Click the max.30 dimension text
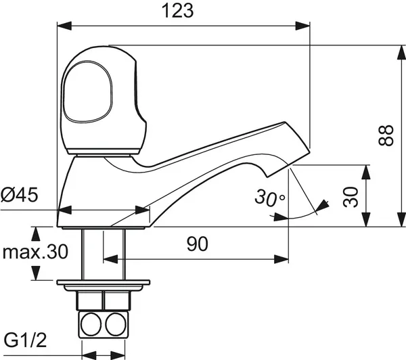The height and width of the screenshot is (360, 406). point(35,252)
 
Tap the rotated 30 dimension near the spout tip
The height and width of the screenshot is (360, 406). point(350,197)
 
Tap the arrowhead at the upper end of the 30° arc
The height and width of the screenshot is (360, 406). point(323,203)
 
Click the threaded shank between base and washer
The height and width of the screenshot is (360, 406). point(92,254)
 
